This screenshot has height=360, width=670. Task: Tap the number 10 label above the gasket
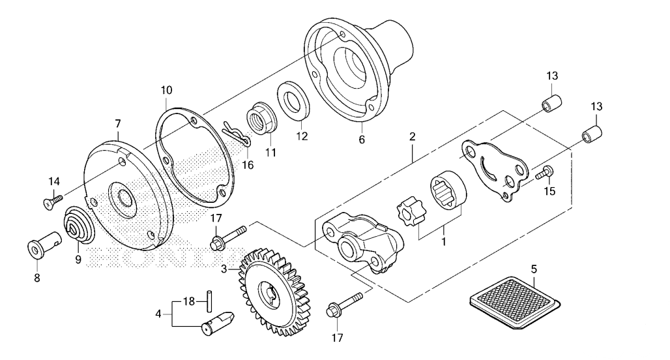click(166, 89)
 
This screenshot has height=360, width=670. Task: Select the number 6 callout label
click(362, 140)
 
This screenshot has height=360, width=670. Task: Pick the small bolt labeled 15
click(546, 172)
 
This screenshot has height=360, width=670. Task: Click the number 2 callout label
click(412, 139)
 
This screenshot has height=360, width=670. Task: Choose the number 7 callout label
click(118, 123)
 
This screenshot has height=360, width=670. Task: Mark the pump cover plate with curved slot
click(495, 170)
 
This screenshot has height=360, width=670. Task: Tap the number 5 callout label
click(534, 269)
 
